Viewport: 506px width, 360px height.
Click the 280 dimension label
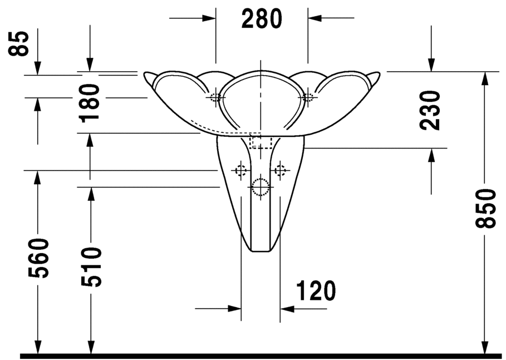[262, 18]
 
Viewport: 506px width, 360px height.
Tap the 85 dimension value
[18, 43]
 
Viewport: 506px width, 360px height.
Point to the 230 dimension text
[430, 110]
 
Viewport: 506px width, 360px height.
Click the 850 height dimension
[485, 209]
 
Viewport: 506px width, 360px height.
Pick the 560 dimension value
[38, 258]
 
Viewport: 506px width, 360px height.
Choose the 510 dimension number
[91, 267]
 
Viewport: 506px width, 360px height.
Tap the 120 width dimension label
[316, 290]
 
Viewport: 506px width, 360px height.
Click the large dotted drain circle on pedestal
[261, 187]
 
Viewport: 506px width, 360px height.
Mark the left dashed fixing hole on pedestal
[240, 170]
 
